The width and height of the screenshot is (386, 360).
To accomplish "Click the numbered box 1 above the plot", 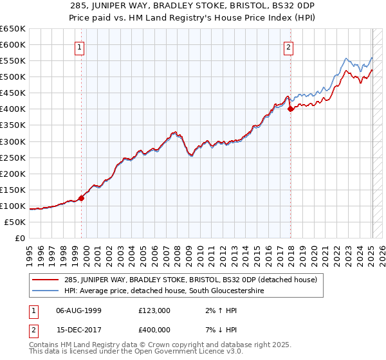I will (x=79, y=46).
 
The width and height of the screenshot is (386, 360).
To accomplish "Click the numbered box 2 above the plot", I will (x=289, y=46).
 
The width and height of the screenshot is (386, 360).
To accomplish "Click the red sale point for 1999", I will (x=82, y=198).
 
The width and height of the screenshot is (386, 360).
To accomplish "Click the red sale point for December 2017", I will (x=290, y=109).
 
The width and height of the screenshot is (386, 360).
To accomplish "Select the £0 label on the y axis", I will (x=19, y=238).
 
